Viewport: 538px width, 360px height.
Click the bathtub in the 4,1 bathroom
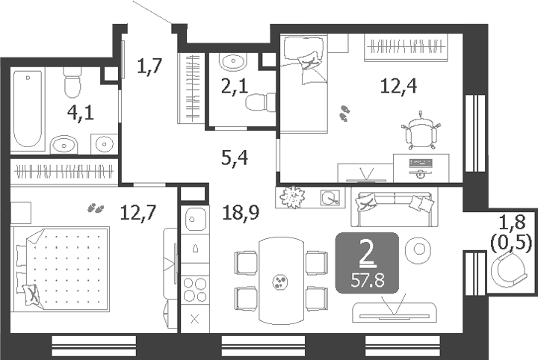coord(28,108)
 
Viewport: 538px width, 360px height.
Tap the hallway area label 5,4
coord(234,158)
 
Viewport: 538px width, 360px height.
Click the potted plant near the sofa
coord(294,197)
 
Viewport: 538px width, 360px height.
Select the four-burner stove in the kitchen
coord(194,289)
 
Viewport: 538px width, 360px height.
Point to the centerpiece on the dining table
coord(279,281)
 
